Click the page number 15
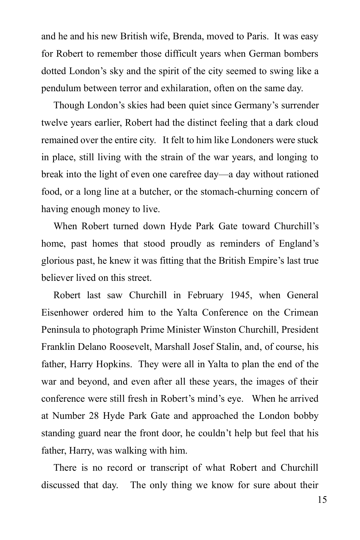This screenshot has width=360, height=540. [322, 500]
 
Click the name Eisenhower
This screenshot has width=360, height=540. [65, 313]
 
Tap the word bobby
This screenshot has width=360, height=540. [306, 416]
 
